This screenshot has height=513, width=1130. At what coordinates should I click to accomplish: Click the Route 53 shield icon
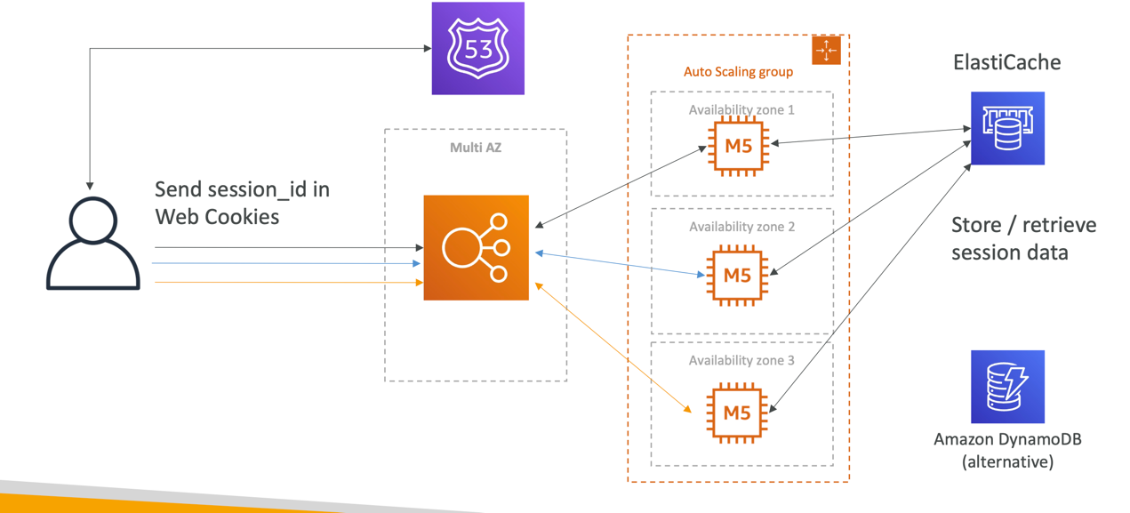(x=477, y=48)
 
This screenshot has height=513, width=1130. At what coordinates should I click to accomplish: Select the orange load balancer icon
(x=476, y=247)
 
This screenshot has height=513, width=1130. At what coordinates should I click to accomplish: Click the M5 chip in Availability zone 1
(x=738, y=146)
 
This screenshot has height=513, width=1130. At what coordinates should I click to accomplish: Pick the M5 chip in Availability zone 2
(x=737, y=276)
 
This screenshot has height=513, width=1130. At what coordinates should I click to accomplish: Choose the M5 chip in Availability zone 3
(x=737, y=412)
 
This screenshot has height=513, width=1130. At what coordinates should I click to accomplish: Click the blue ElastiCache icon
(x=1007, y=128)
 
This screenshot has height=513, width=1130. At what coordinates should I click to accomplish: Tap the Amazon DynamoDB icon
(x=1007, y=386)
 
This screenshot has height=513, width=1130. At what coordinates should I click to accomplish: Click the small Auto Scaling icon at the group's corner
(x=826, y=51)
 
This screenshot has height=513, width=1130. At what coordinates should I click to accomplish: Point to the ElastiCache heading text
(x=1006, y=62)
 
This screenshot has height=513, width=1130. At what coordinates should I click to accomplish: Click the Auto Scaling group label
(x=738, y=72)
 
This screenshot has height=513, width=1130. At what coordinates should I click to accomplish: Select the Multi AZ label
(x=476, y=148)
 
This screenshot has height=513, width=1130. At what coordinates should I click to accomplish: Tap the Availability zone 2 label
(x=741, y=227)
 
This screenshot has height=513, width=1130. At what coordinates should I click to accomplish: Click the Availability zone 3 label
(x=741, y=360)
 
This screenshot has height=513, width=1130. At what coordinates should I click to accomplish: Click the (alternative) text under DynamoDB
(x=1007, y=462)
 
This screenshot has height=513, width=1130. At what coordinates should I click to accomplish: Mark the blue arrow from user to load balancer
(x=285, y=263)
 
